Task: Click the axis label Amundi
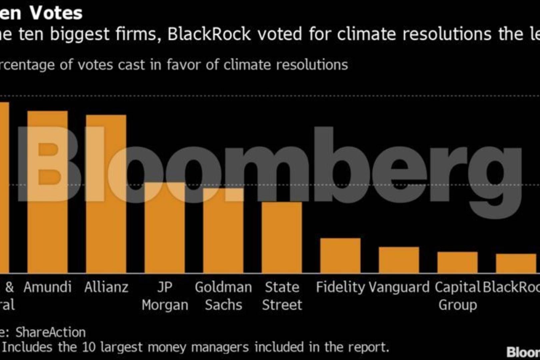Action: point(47,287)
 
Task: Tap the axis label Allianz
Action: point(106,287)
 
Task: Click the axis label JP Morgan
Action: point(165,296)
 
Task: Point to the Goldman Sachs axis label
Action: point(223,296)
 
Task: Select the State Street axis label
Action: point(282,296)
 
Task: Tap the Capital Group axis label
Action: point(458,296)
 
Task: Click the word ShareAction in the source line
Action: point(51,332)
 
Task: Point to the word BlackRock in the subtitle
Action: point(209,34)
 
